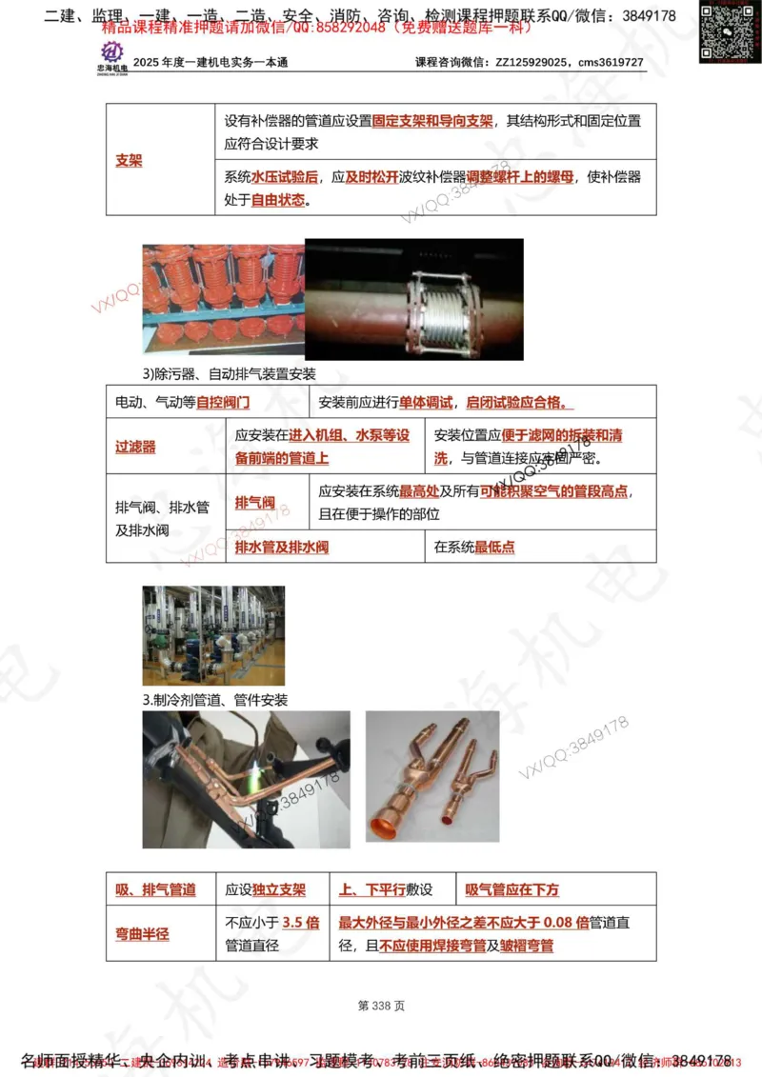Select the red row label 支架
(129, 160)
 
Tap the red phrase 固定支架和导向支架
(432, 122)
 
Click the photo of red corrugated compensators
(222, 295)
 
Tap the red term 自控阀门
(223, 403)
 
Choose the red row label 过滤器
(135, 446)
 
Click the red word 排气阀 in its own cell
(254, 502)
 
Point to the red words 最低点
(494, 548)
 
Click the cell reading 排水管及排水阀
(281, 548)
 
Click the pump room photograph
(212, 636)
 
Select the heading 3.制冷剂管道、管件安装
(215, 700)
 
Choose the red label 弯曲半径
(142, 934)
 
